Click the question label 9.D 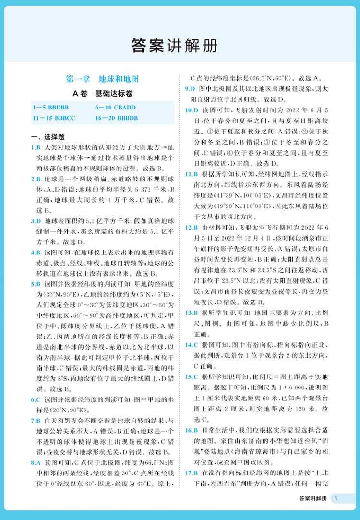(190, 89)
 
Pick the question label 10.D (191, 110)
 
